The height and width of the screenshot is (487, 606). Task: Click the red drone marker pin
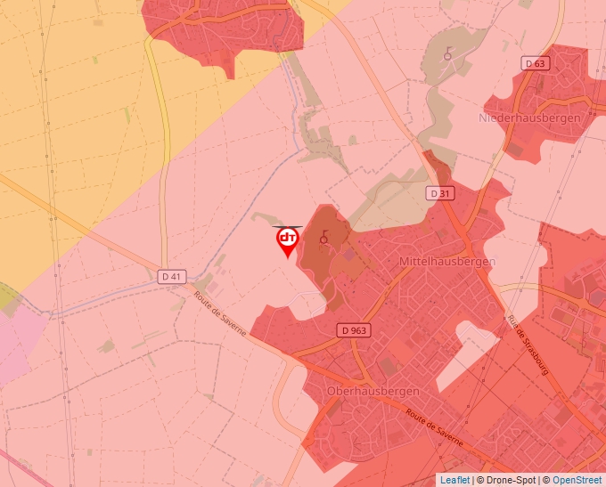287,241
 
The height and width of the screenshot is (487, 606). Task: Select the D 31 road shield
439,193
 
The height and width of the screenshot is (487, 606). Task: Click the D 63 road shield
536,63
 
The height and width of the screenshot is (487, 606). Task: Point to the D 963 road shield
354,330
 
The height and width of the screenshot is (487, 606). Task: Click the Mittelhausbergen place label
447,261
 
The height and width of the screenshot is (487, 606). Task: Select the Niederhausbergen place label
529,118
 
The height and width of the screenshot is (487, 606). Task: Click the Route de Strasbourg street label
527,345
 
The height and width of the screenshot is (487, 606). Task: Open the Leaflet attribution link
454,480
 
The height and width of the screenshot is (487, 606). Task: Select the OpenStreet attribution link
577,480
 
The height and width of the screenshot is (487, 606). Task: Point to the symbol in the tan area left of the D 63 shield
447,55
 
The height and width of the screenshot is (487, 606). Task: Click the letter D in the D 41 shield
167,277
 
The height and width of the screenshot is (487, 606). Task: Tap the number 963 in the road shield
358,330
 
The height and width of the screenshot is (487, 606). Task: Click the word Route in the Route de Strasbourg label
513,324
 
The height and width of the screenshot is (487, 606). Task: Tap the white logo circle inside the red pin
287,238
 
